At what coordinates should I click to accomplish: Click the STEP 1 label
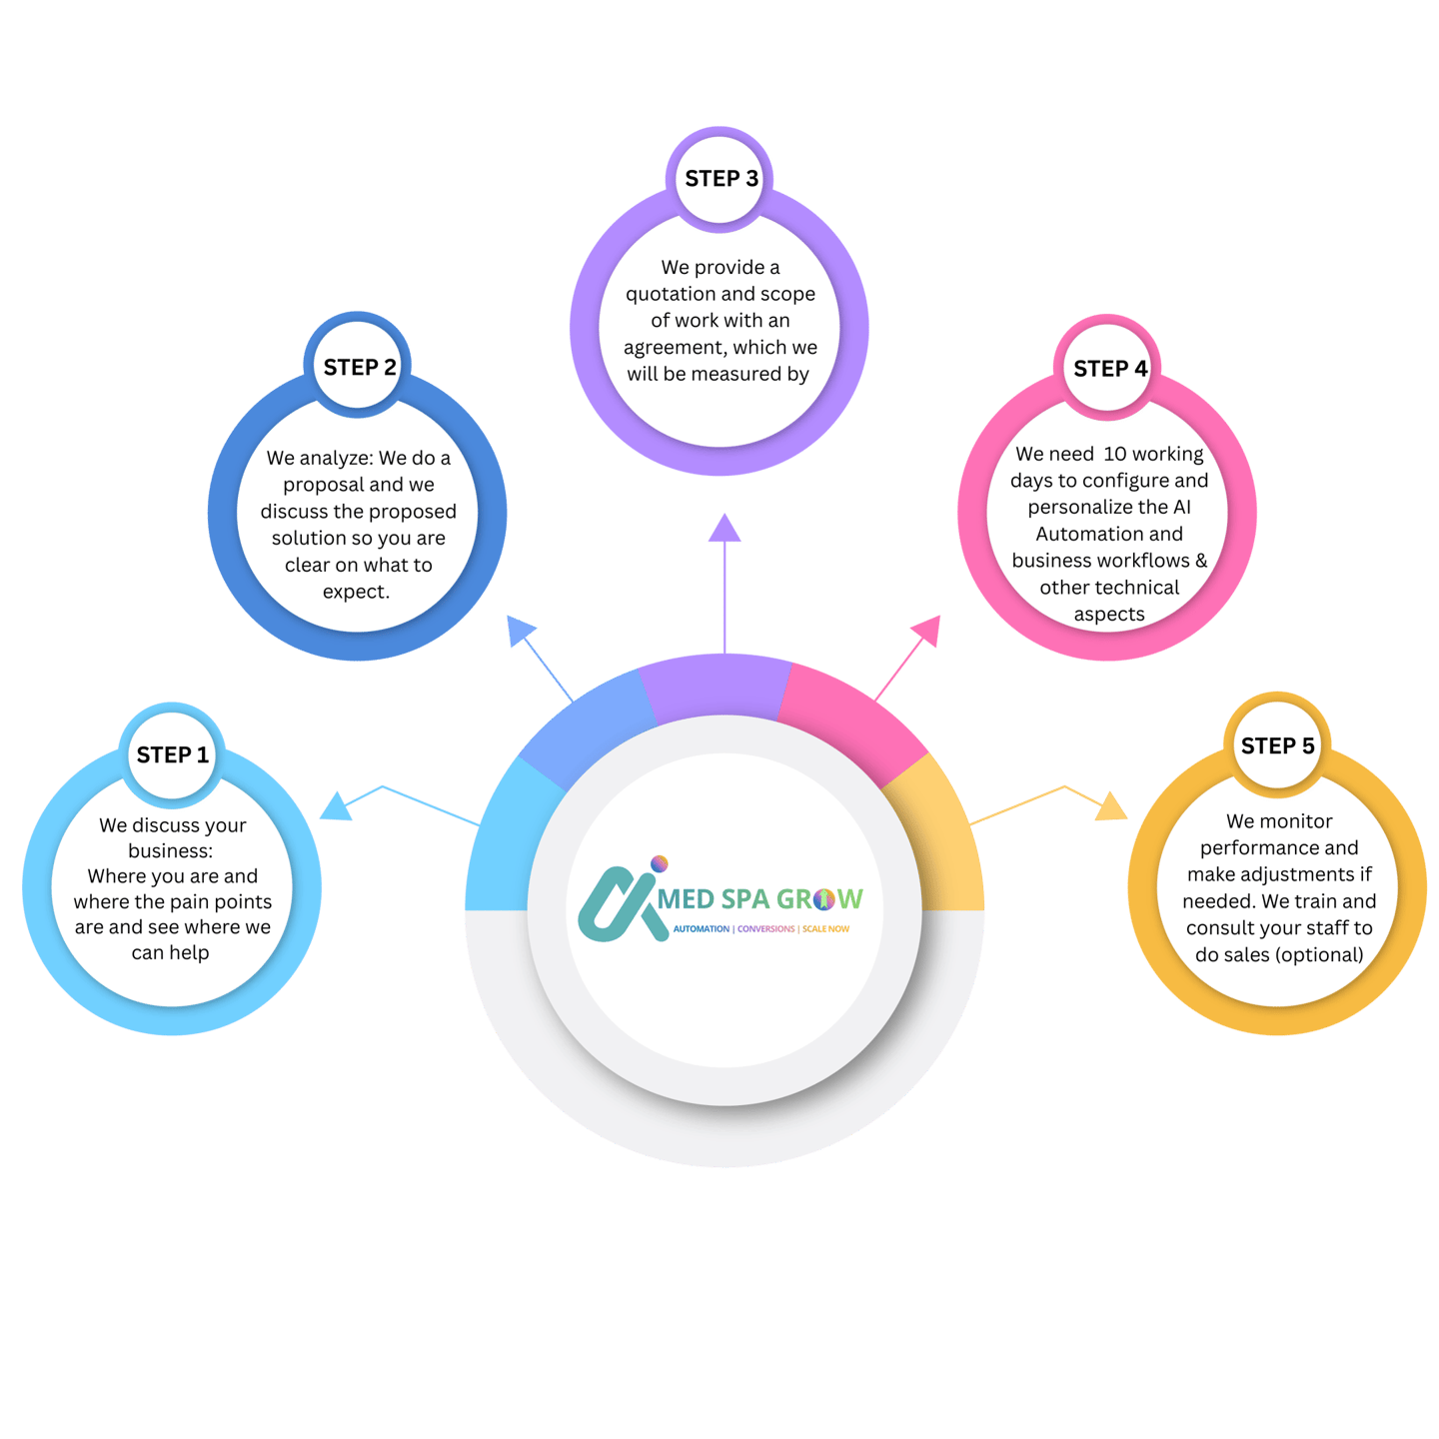173,755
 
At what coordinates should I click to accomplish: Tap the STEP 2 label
360,368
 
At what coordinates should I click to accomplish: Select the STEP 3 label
721,179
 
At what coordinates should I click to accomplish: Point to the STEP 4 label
1110,369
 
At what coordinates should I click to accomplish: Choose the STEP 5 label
1278,746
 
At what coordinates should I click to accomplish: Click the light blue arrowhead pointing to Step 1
339,806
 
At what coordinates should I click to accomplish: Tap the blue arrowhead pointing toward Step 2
521,631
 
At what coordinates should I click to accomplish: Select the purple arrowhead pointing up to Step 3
724,529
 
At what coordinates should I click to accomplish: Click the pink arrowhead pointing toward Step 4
926,630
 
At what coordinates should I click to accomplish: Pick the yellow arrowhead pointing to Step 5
1111,806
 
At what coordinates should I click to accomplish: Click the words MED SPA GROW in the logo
760,899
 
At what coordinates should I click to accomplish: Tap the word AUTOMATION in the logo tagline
702,929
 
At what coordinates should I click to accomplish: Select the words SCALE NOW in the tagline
825,929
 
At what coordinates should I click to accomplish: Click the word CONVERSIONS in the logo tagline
766,929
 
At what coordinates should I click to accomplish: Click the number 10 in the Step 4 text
1115,454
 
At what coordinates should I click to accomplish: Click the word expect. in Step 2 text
356,592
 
